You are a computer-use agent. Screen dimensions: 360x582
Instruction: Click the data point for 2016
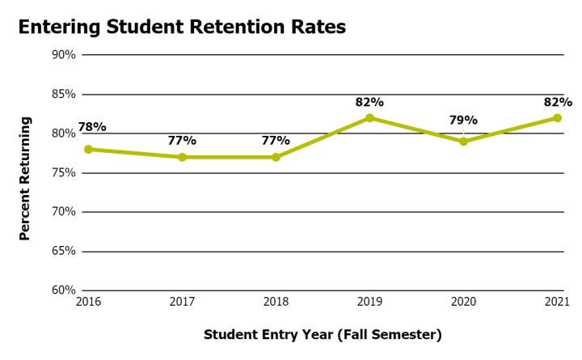(88, 149)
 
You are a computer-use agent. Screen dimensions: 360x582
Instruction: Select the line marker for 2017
(182, 157)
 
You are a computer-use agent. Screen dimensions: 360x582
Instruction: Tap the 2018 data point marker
(276, 157)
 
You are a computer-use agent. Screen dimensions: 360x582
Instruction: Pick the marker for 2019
(369, 118)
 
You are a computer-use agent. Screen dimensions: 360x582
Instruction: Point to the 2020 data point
(463, 142)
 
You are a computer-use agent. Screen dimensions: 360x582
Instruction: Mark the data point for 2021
(557, 118)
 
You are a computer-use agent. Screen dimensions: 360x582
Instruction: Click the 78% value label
(91, 127)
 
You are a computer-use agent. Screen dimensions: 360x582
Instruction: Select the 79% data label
(463, 121)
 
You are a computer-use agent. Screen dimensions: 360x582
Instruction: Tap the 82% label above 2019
(369, 102)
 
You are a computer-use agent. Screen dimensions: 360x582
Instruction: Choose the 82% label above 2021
(558, 102)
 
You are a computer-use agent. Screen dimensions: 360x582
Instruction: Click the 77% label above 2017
(182, 141)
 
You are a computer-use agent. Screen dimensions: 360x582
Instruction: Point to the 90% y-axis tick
(64, 55)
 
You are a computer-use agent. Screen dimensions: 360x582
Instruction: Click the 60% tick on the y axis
(64, 290)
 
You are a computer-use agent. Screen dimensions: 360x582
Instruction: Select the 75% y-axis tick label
(64, 173)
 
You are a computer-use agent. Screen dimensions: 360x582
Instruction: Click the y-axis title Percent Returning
(25, 178)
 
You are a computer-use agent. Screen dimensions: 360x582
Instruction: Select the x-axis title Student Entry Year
(323, 334)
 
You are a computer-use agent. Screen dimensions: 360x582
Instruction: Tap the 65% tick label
(64, 252)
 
